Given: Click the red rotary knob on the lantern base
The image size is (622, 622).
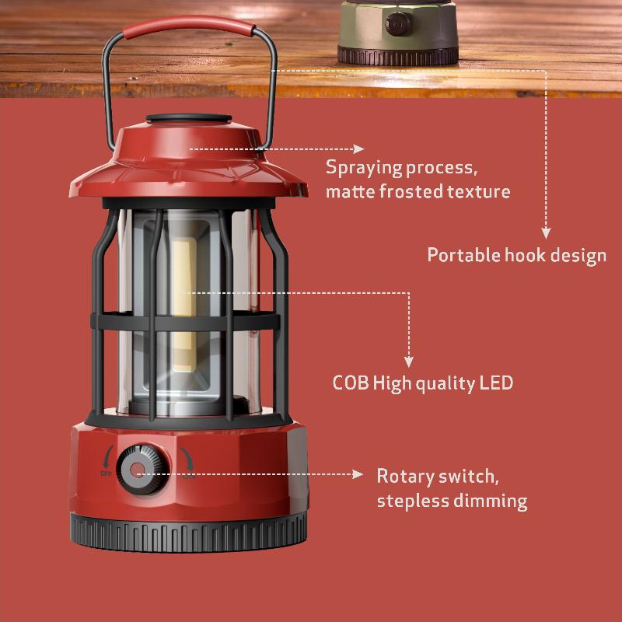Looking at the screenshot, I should coord(139,469).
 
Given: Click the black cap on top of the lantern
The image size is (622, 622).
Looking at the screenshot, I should coord(190,120).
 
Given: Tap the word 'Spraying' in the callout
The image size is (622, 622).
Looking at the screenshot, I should coord(364,167).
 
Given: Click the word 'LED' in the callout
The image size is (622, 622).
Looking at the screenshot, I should coord(496,383).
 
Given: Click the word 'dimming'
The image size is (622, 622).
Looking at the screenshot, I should coord(490,501).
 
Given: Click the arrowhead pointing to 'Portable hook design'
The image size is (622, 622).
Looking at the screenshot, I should coord(546,232).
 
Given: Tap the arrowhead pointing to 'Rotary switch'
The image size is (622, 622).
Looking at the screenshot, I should coord(358,473).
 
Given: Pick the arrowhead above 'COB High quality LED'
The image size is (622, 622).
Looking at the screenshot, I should coord(409,360).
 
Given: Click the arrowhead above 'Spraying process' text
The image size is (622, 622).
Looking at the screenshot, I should coord(358,149).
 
